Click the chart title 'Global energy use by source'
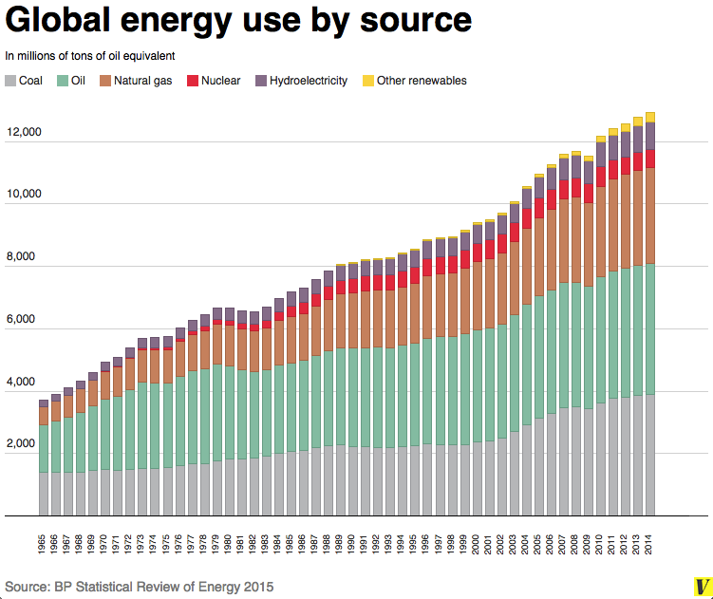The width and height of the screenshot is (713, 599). [238, 21]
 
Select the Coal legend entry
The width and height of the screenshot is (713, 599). [29, 81]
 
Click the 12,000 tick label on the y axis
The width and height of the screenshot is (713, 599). [24, 132]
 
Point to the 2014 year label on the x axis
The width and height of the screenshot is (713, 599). [650, 547]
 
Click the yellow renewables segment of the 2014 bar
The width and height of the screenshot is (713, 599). [650, 117]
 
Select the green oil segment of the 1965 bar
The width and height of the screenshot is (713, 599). [44, 448]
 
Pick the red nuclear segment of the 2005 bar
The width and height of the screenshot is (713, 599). [539, 208]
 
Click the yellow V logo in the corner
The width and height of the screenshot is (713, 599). [701, 587]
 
